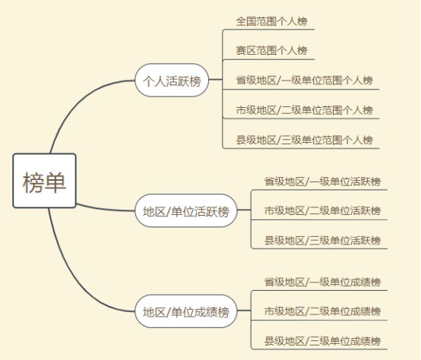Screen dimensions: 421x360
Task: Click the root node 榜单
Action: (45, 181)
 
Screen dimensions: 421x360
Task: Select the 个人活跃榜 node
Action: (172, 81)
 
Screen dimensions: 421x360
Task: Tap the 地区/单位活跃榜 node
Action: (186, 210)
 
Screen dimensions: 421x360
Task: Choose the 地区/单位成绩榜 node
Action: (186, 311)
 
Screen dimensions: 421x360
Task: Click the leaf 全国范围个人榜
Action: (271, 21)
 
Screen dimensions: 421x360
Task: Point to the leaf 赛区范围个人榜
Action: (271, 50)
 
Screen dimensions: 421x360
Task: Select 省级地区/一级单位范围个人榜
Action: (305, 81)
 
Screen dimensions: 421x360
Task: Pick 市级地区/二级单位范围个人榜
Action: (305, 110)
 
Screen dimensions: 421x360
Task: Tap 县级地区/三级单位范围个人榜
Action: (305, 140)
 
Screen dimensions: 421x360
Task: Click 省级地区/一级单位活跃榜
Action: (322, 182)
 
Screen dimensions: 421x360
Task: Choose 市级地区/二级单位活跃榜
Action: (322, 211)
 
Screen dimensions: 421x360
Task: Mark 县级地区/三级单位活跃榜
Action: (322, 240)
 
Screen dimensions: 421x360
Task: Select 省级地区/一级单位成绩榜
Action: (322, 283)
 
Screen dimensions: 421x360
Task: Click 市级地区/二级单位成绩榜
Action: (322, 311)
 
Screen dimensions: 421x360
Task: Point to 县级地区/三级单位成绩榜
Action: (322, 341)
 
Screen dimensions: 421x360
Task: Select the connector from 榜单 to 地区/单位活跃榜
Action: (105, 209)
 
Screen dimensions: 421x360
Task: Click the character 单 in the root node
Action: (55, 182)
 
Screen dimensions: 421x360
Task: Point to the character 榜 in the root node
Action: (33, 182)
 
